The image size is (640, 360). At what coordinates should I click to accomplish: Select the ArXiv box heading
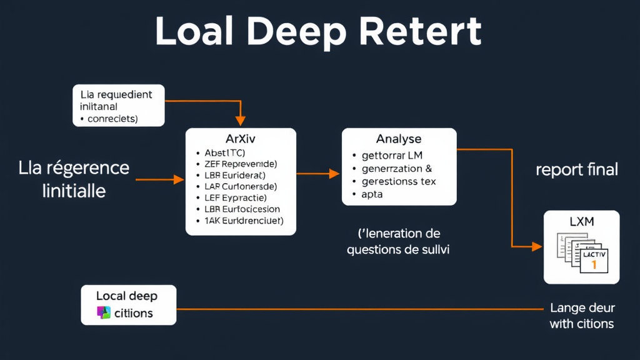[241, 139]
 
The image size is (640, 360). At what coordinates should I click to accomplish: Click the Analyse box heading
[398, 139]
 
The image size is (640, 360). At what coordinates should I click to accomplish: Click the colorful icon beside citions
[104, 313]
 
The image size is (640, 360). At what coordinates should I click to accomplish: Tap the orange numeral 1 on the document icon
[593, 265]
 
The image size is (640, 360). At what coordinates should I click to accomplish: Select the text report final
[577, 169]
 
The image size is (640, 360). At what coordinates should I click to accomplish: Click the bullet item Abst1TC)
[224, 152]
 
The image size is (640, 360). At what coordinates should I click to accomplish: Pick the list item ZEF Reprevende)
[240, 164]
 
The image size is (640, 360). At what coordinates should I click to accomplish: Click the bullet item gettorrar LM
[392, 155]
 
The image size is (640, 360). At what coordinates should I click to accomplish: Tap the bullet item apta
[372, 194]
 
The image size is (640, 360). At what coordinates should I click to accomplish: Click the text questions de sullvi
[398, 249]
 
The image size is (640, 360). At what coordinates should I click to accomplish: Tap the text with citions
[581, 324]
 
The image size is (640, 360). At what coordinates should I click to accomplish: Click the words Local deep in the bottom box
[126, 296]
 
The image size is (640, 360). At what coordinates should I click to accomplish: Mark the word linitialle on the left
[74, 191]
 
